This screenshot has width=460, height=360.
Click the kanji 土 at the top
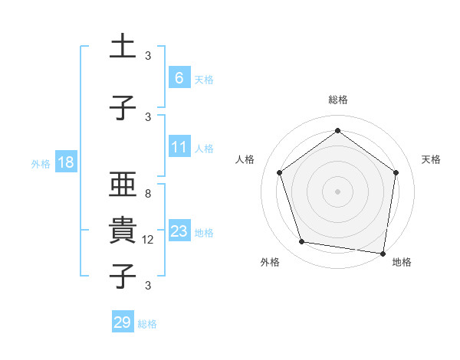pyautogui.click(x=122, y=47)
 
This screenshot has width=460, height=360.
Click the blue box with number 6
pyautogui.click(x=179, y=77)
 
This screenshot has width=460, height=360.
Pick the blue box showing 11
pyautogui.click(x=179, y=147)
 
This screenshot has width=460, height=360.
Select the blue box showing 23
pyautogui.click(x=179, y=231)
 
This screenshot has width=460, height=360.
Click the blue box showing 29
pyautogui.click(x=122, y=322)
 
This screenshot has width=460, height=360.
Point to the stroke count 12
pyautogui.click(x=149, y=240)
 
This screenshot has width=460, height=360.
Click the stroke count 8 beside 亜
pyautogui.click(x=148, y=194)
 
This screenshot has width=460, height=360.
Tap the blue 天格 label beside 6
pyautogui.click(x=203, y=79)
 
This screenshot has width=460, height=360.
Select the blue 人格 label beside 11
pyautogui.click(x=203, y=149)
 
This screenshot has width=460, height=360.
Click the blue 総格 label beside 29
pyautogui.click(x=147, y=324)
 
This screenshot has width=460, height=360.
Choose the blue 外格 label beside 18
pyautogui.click(x=41, y=164)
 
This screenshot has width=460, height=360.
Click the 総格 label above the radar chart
pyautogui.click(x=337, y=100)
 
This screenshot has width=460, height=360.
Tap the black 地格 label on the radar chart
pyautogui.click(x=402, y=262)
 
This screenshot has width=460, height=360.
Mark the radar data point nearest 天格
pyautogui.click(x=396, y=172)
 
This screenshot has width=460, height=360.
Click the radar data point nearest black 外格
pyautogui.click(x=302, y=242)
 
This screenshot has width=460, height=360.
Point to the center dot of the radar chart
pyautogui.click(x=337, y=191)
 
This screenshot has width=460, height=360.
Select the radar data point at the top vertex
pyautogui.click(x=337, y=131)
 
